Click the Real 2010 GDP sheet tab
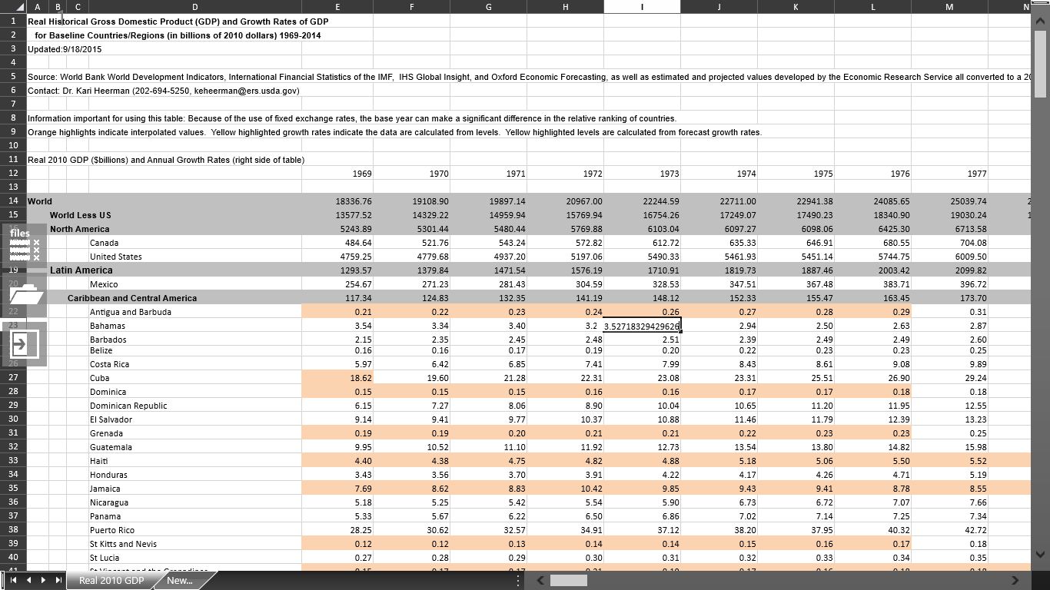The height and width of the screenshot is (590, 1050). pos(111,580)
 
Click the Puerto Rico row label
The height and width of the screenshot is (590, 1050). pos(112,530)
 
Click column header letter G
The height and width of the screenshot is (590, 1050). pos(488,7)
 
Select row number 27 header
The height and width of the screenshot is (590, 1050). pos(13,378)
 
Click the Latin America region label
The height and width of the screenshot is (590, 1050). pos(81,270)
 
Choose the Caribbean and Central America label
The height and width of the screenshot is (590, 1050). pos(132,298)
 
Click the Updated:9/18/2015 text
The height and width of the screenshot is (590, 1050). pos(65,49)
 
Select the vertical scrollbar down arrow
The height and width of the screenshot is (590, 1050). pos(1041,554)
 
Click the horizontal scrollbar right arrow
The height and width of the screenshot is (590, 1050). pos(1015,580)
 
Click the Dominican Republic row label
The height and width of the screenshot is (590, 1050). pos(128,406)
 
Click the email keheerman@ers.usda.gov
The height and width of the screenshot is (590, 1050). pos(246,91)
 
